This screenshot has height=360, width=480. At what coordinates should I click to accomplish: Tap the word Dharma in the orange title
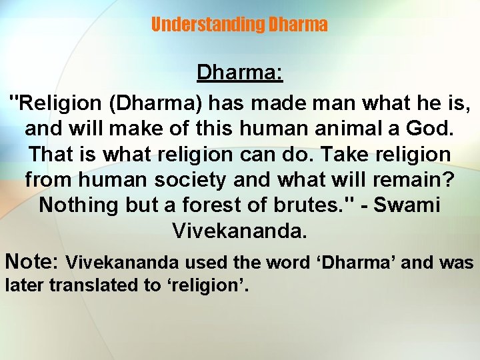click(297, 25)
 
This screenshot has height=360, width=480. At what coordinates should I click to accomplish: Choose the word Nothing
click(79, 205)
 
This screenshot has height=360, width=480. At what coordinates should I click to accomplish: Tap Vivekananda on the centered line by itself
click(240, 230)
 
